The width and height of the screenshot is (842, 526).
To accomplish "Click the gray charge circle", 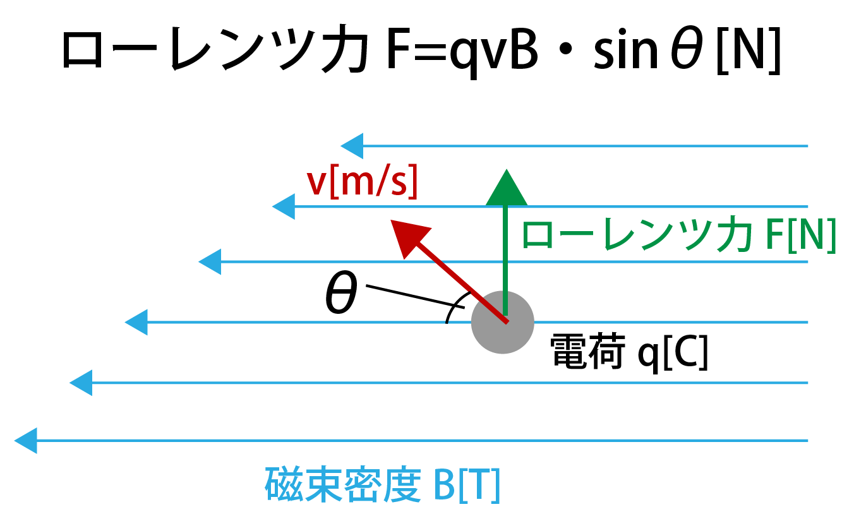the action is [x=503, y=323].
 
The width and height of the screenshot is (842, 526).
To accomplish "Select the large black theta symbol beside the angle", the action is [x=341, y=293].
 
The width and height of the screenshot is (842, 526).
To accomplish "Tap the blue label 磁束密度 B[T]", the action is [x=383, y=485].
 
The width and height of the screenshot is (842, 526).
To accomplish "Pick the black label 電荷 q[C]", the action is [x=629, y=352].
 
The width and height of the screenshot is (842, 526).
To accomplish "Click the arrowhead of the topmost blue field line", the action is [x=352, y=146].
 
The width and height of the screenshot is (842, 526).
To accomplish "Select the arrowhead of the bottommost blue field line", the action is [x=25, y=441].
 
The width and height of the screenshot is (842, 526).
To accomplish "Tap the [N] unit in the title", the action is [x=749, y=51].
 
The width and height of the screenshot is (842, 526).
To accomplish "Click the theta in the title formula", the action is [x=687, y=48].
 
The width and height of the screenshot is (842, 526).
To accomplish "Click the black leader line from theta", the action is [x=415, y=297].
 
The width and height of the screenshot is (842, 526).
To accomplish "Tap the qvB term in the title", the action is [x=493, y=52].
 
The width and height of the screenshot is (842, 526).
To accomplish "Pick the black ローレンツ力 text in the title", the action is [x=215, y=49].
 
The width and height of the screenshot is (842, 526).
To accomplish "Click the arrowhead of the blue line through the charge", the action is [x=136, y=323].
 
